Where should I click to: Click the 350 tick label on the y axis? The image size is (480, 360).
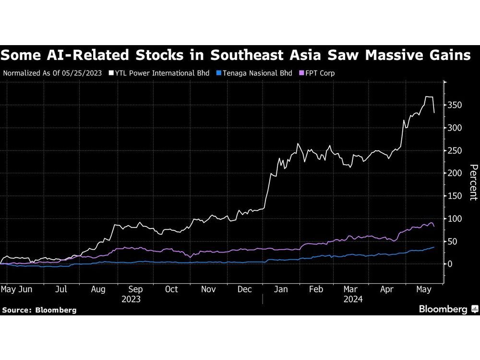pos(455,105)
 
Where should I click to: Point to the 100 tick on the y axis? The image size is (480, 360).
pos(455,218)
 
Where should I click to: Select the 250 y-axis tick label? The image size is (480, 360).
pos(455,151)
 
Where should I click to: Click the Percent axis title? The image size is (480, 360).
pos(473,182)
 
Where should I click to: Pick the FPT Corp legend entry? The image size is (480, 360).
pos(321,73)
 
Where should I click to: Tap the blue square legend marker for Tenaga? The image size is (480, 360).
pos(218,73)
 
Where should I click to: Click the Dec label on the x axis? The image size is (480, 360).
pos(245,289)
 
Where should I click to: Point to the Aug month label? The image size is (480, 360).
pos(98,289)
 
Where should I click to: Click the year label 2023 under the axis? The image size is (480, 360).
pos(131,299)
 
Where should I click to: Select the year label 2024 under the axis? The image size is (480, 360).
pos(353,299)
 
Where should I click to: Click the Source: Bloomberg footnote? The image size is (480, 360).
pos(39,310)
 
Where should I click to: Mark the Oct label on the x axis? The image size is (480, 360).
pos(171,289)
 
